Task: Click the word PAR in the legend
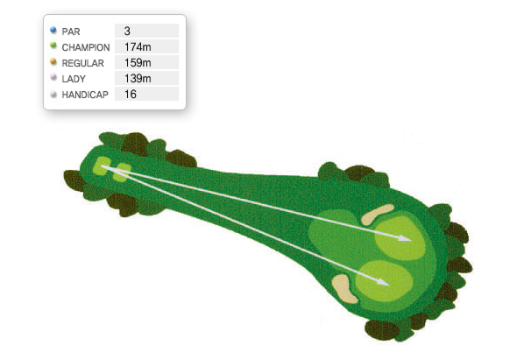71,32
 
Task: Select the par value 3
127,31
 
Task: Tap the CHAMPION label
86,47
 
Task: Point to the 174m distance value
138,46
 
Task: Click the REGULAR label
82,63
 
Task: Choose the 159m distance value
138,63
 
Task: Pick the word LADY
74,79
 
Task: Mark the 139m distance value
138,79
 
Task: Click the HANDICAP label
85,95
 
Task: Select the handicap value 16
131,95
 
